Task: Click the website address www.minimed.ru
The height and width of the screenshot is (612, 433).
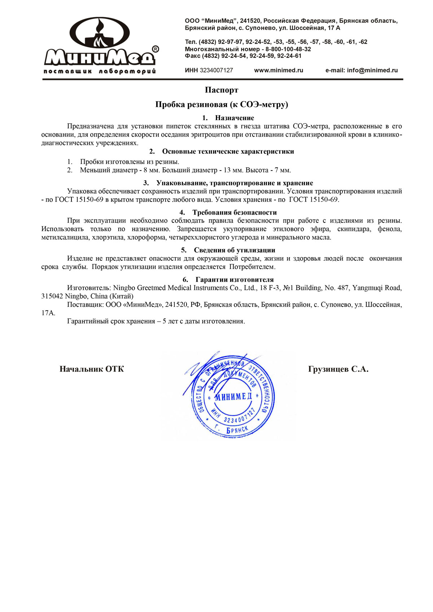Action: tap(279, 70)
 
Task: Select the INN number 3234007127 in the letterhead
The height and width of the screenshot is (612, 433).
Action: tap(216, 70)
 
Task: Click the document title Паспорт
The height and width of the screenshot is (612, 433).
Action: tap(222, 90)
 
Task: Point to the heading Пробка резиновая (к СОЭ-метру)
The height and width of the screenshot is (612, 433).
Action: tap(222, 105)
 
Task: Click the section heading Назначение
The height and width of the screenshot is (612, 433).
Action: tap(235, 118)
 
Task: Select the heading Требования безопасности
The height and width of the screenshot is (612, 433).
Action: tap(235, 212)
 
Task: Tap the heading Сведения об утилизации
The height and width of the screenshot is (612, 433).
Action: tap(235, 250)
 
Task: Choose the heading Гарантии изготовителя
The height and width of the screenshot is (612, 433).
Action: tap(235, 279)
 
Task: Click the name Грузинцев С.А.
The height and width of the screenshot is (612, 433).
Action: tap(338, 369)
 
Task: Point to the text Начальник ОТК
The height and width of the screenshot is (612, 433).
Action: tap(92, 369)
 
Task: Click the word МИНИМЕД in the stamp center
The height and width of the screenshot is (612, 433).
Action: tap(233, 396)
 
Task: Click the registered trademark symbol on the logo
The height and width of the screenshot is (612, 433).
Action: tap(155, 49)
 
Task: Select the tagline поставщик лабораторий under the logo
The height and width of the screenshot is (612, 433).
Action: tap(100, 71)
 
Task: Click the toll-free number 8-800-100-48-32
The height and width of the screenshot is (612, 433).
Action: tap(288, 49)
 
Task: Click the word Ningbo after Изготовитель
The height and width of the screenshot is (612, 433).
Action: tap(124, 288)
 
